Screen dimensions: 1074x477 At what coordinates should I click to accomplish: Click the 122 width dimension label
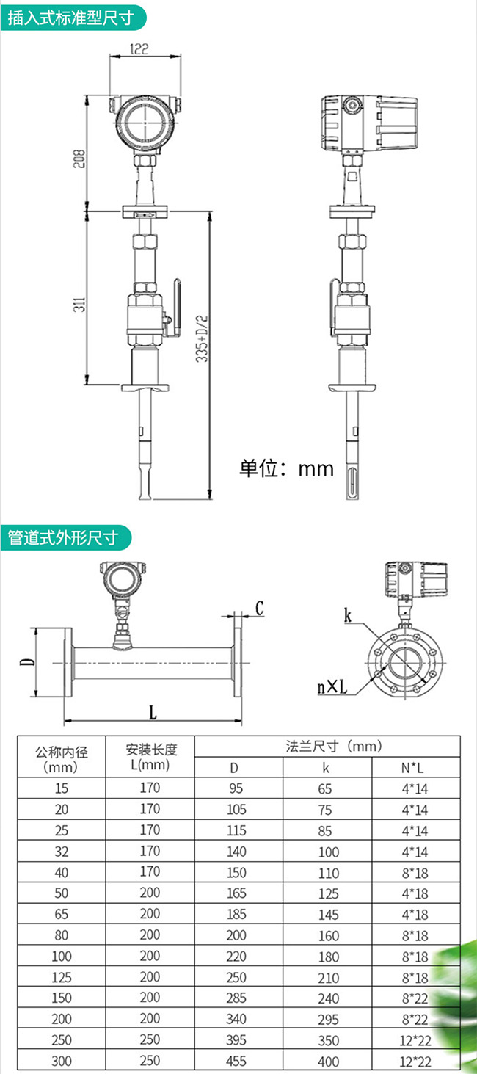click(139, 49)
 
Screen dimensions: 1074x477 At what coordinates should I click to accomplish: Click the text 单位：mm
click(286, 468)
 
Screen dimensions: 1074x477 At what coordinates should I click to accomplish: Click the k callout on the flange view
click(348, 615)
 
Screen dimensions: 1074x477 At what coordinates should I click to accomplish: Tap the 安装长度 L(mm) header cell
click(150, 757)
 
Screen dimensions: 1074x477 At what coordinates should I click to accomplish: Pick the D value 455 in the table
click(234, 1061)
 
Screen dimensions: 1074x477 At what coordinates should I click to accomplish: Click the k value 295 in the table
click(328, 1020)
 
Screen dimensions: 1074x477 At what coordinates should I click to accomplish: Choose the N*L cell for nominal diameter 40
click(415, 873)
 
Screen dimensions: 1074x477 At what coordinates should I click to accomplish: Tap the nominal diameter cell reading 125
click(62, 977)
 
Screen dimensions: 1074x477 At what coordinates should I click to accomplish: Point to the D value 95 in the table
click(234, 788)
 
